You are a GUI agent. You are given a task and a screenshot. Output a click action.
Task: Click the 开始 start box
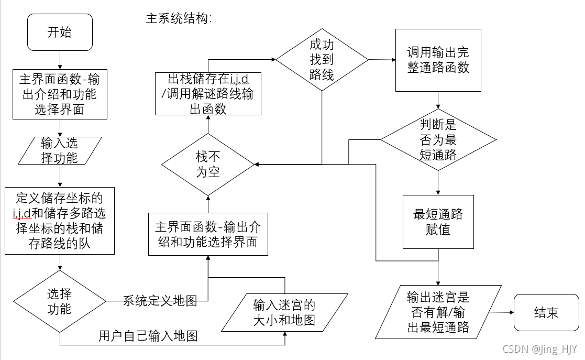[x=60, y=32]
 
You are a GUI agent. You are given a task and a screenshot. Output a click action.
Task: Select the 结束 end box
[x=546, y=313]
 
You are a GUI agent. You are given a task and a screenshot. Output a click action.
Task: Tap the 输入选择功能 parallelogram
[x=59, y=150]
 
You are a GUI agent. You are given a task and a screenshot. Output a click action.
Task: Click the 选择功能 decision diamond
[x=59, y=301]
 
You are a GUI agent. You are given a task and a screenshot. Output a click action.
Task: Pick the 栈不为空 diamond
[x=208, y=164]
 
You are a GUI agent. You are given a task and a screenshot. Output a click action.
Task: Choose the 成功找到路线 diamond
[x=322, y=60]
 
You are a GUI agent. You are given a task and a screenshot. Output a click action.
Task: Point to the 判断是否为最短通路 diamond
[x=438, y=140]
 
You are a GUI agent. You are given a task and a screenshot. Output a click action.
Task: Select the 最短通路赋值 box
[x=438, y=222]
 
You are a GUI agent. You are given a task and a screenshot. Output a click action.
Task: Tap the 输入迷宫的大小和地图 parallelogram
[x=284, y=312]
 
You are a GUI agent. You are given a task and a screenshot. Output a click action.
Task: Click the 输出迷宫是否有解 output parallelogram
[x=438, y=313]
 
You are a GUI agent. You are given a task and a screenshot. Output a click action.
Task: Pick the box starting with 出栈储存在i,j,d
[x=208, y=94]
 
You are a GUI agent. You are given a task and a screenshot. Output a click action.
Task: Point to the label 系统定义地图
[x=160, y=301]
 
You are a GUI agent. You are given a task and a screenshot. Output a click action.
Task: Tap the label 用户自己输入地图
[x=148, y=336]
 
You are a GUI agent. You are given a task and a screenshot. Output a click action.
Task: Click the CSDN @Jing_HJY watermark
[x=539, y=349]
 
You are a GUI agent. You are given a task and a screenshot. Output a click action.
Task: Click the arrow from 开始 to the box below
[x=60, y=59]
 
